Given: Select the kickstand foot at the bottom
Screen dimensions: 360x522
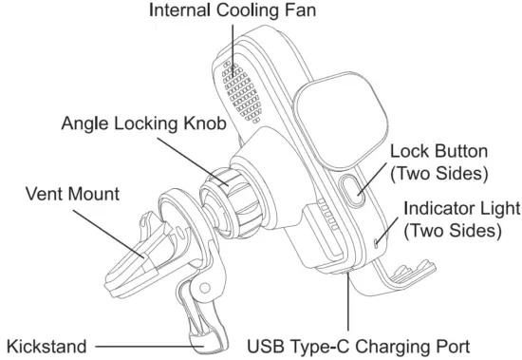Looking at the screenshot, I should (207, 334).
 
